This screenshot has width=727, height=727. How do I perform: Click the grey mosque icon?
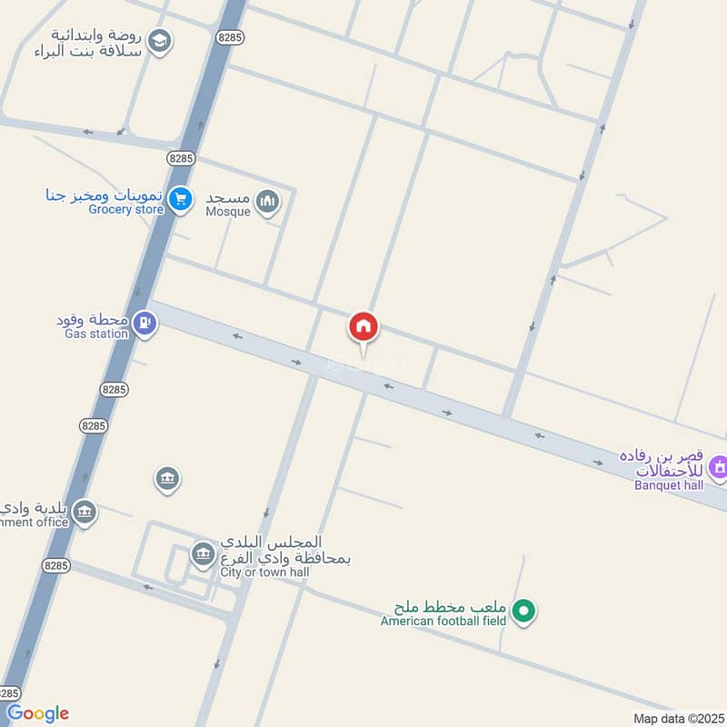tap(267, 201)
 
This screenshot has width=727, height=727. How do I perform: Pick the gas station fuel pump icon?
tap(144, 323)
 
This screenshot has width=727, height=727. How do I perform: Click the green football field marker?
tap(523, 612)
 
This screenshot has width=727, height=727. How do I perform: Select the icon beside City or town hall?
tap(203, 553)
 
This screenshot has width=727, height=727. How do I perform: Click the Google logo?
tap(37, 713)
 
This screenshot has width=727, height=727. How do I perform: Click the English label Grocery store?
tap(125, 210)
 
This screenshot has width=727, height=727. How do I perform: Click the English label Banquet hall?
tap(668, 484)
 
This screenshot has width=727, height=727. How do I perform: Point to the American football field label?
tap(443, 622)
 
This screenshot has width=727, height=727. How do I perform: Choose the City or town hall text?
tap(264, 573)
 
